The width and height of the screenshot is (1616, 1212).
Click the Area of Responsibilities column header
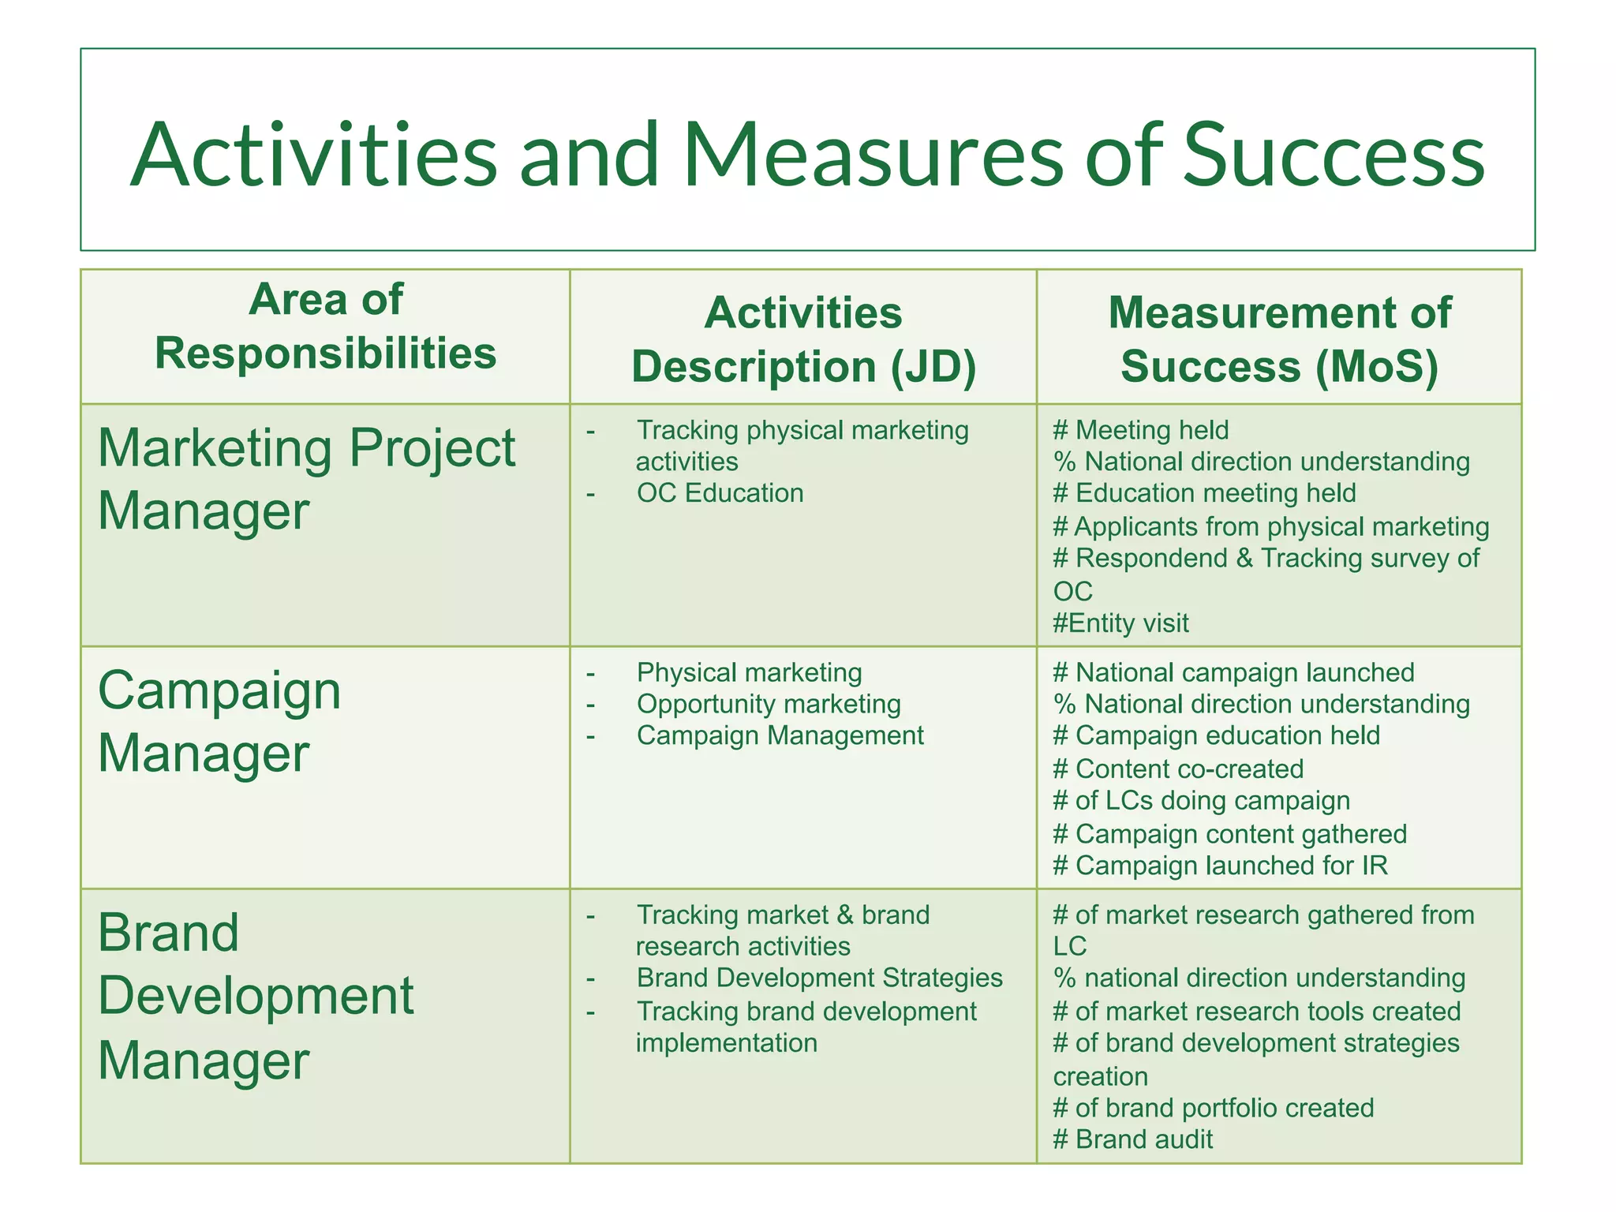(x=325, y=327)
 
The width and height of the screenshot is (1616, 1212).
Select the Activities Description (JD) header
(x=803, y=340)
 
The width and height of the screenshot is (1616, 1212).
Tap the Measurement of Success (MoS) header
(x=1279, y=340)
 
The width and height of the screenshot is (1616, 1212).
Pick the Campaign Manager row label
(x=219, y=721)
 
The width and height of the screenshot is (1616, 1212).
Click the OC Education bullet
(x=720, y=493)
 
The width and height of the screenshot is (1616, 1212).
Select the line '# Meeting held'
(x=1141, y=430)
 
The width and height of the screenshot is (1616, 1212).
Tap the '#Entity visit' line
(x=1120, y=623)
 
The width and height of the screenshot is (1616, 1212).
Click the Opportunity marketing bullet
(x=769, y=704)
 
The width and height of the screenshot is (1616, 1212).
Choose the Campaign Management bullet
(x=780, y=735)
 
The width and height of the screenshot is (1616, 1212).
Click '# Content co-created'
(x=1178, y=769)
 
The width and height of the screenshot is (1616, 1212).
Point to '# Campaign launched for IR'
(x=1220, y=866)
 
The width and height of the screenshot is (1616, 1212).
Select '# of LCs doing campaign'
(x=1201, y=801)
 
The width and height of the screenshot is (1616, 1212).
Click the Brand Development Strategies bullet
(x=819, y=978)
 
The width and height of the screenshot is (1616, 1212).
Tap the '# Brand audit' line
(x=1132, y=1139)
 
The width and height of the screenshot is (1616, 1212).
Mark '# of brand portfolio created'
(x=1213, y=1108)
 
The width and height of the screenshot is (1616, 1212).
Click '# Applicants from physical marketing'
(x=1270, y=526)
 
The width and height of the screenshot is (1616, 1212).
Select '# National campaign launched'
(x=1233, y=672)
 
